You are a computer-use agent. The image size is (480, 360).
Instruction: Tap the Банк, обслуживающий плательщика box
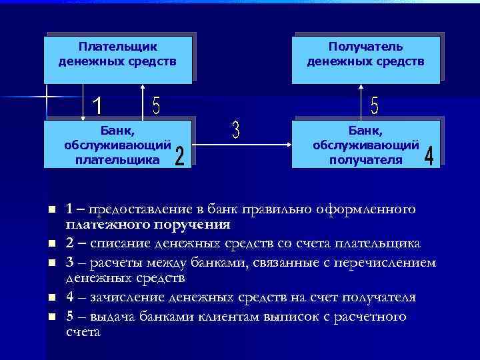pos(118,143)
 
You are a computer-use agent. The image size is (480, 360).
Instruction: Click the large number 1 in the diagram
pos(97,105)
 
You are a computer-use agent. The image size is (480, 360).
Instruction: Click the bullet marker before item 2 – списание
pos(51,243)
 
